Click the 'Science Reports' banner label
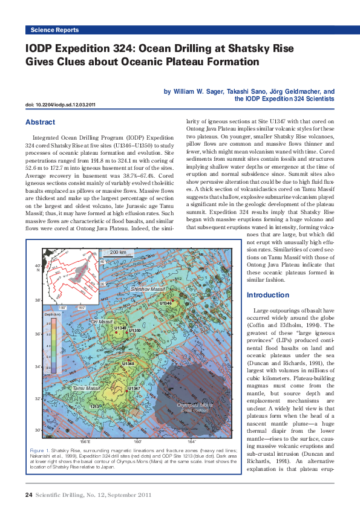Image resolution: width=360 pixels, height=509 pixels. (54, 30)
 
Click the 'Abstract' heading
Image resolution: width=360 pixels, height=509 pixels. (41, 122)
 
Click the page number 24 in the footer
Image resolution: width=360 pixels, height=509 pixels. (28, 495)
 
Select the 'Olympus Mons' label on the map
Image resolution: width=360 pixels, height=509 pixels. (194, 404)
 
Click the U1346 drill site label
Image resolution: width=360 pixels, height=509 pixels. (165, 303)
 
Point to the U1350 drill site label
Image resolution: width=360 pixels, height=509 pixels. (134, 331)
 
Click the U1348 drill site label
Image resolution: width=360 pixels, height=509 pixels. (128, 363)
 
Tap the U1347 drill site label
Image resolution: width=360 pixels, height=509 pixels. (134, 387)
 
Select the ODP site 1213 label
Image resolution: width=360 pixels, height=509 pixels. (94, 406)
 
